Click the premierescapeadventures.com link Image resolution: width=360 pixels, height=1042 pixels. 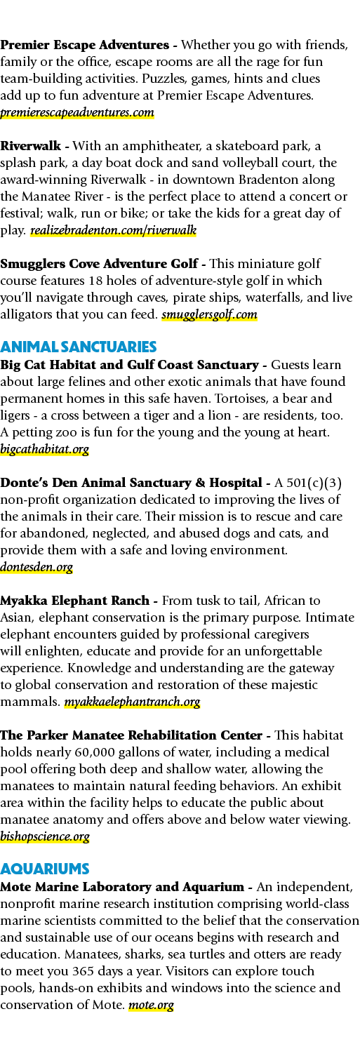[x=77, y=112]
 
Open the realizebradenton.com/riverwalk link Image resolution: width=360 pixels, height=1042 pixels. [x=113, y=230]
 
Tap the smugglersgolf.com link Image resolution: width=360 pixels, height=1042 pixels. [x=209, y=314]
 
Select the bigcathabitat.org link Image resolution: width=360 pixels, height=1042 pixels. [x=45, y=449]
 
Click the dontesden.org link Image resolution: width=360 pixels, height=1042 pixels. [x=36, y=567]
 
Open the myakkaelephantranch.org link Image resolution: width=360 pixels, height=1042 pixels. [x=132, y=702]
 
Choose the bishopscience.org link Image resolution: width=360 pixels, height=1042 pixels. [x=45, y=836]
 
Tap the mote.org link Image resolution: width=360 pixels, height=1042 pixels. [x=151, y=1005]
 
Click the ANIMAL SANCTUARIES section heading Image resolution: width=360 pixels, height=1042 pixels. [x=78, y=347]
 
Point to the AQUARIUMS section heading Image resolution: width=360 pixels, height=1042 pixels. [x=45, y=869]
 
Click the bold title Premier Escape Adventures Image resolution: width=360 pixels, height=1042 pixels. [x=85, y=45]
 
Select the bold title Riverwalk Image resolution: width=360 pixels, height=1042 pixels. [x=30, y=146]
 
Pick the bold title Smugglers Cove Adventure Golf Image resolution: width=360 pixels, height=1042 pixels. [x=99, y=264]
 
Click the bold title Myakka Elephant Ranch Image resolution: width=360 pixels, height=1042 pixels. [x=75, y=601]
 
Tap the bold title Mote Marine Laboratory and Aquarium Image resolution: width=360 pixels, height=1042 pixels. [x=122, y=887]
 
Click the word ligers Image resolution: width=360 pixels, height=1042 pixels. [x=15, y=416]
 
